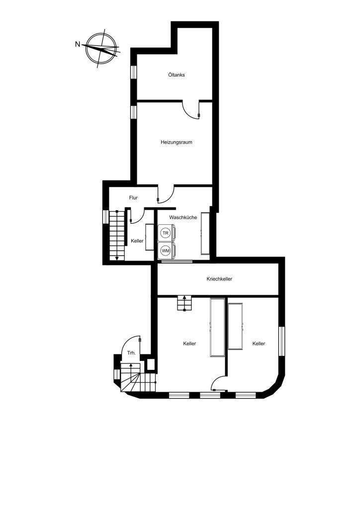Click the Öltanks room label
pos(177,75)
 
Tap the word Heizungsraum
pos(176,142)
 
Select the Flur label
pos(133,198)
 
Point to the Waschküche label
pos(183,218)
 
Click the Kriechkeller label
pos(219,279)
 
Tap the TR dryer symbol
pos(166,233)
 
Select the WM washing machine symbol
pos(166,251)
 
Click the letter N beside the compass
pos(78,44)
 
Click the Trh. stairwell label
pos(131,353)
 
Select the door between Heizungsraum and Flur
pos(166,194)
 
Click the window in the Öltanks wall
pos(133,72)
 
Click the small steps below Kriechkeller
pos(184,303)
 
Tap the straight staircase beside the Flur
pos(117,235)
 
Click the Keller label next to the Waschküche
pos(137,241)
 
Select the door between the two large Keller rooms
pos(219,383)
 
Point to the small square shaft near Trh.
pos(151,364)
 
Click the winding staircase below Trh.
pos(138,378)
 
